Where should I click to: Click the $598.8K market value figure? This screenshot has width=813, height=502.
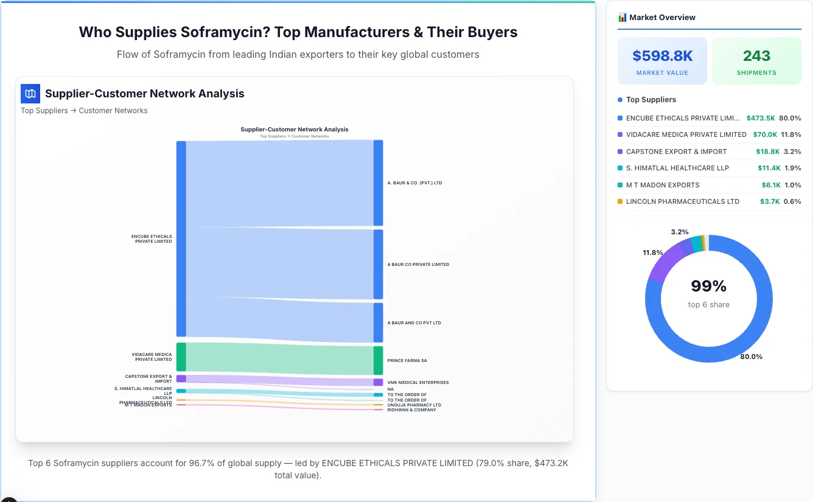click(x=662, y=56)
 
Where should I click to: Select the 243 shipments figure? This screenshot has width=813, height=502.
click(x=756, y=56)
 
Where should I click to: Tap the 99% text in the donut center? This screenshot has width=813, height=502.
click(x=708, y=286)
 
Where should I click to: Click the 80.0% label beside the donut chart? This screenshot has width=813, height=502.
click(x=751, y=357)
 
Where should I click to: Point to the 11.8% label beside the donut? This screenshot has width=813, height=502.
click(x=653, y=253)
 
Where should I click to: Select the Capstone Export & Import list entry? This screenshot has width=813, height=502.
click(x=676, y=152)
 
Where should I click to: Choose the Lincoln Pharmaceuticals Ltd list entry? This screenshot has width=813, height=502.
click(x=682, y=201)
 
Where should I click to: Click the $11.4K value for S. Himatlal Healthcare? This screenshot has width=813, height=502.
click(x=769, y=168)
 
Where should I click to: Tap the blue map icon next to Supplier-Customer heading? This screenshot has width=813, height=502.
click(x=30, y=94)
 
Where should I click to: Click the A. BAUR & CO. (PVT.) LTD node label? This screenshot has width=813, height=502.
click(x=414, y=183)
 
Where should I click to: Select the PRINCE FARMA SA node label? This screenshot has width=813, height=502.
click(x=407, y=361)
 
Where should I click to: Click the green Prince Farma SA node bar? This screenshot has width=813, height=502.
click(x=378, y=360)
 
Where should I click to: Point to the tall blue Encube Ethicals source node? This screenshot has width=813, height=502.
click(x=181, y=239)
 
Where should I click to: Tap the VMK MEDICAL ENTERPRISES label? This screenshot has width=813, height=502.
click(x=417, y=383)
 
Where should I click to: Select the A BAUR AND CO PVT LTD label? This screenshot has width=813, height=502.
click(x=414, y=323)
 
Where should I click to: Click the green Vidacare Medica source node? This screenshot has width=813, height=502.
click(x=181, y=357)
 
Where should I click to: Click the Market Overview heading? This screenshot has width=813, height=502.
click(x=661, y=18)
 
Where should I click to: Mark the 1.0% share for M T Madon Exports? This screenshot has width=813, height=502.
click(x=792, y=185)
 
